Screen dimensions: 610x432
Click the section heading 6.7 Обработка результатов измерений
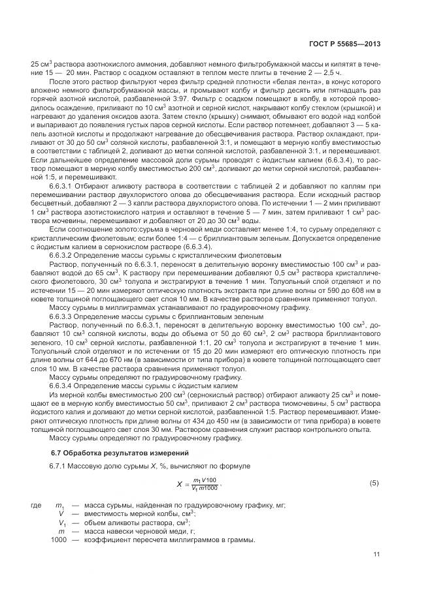pos(107,452)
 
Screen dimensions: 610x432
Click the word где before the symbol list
pos(37,506)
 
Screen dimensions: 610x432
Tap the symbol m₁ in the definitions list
pos(61,506)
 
